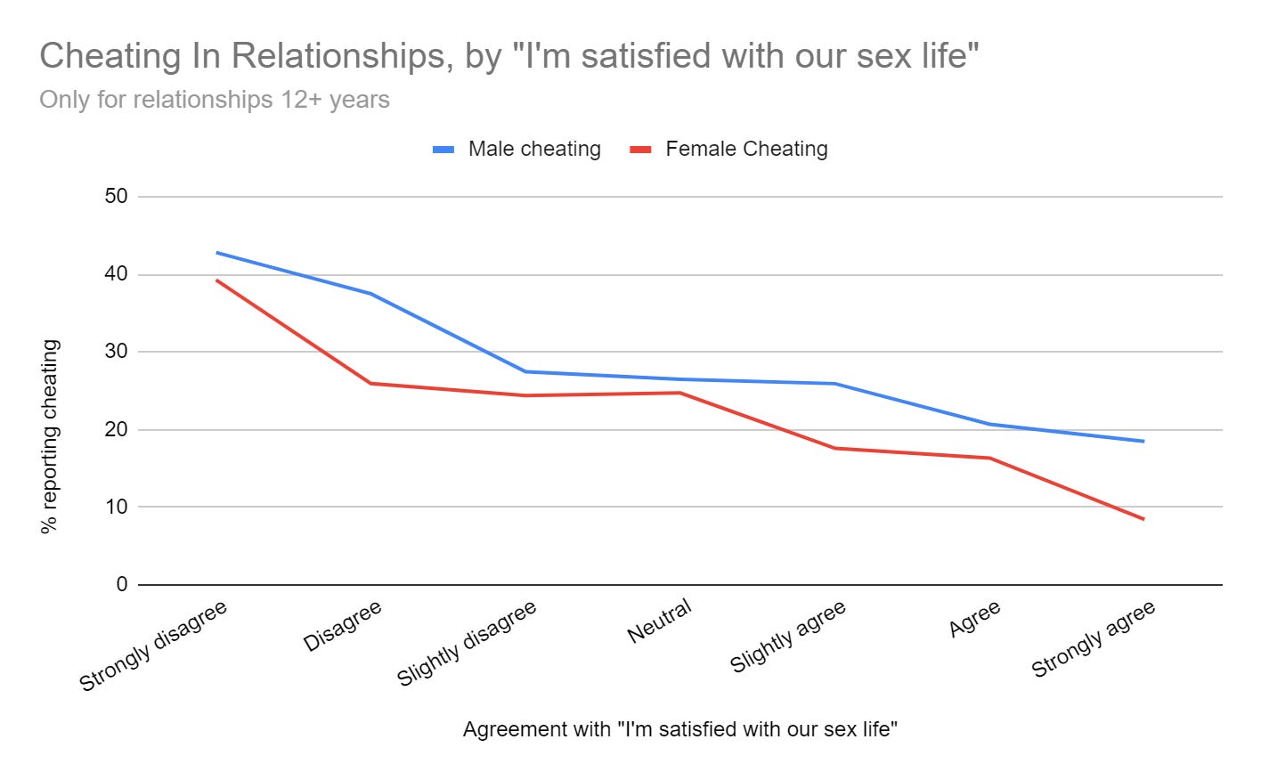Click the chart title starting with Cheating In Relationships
(x=508, y=56)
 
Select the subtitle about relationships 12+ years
(x=215, y=99)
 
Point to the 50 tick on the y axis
(x=116, y=196)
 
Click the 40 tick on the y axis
(x=116, y=274)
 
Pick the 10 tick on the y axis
(x=116, y=507)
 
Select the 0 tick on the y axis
(x=121, y=584)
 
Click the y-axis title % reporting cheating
(x=50, y=436)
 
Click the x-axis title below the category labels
(x=679, y=729)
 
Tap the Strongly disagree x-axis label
(x=153, y=646)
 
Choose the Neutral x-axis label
(x=659, y=621)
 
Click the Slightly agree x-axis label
(x=787, y=637)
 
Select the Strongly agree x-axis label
(x=1093, y=638)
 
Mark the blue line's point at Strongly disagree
(x=216, y=252)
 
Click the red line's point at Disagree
(x=370, y=383)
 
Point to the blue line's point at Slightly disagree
(x=525, y=371)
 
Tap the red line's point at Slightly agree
(x=834, y=448)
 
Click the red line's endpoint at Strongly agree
(x=1143, y=519)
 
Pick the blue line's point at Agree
(x=989, y=424)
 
